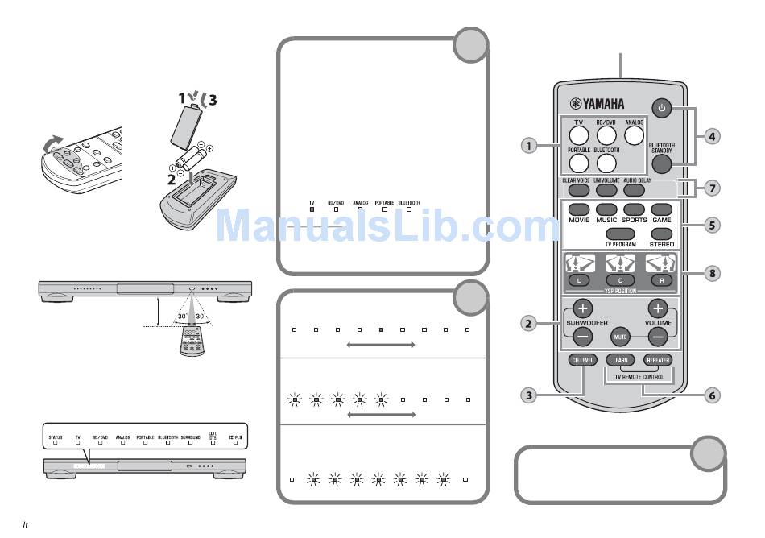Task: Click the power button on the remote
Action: (661, 108)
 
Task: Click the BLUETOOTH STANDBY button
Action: (661, 163)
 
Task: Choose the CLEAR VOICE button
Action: (577, 191)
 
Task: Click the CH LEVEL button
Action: (582, 360)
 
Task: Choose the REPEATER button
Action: (657, 360)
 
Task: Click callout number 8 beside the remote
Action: (711, 273)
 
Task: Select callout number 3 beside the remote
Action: (528, 395)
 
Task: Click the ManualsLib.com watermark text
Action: (382, 226)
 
